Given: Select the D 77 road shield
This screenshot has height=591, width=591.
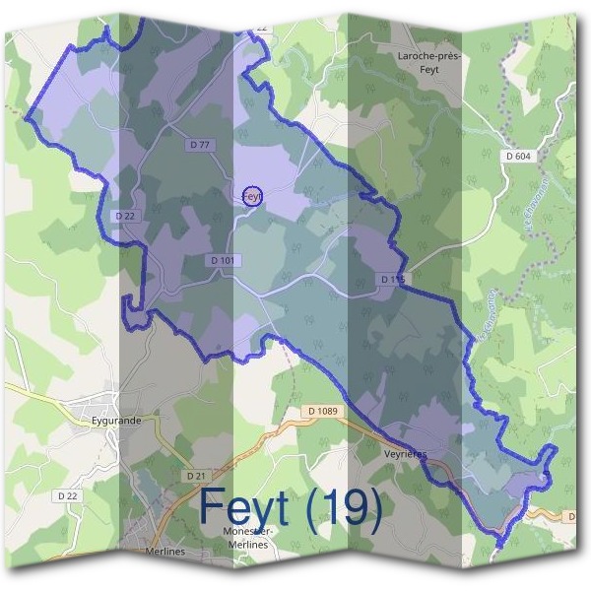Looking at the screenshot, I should pyautogui.click(x=200, y=145).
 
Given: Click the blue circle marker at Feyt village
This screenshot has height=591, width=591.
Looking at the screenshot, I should pyautogui.click(x=252, y=196).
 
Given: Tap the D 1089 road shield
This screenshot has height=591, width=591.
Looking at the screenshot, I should pyautogui.click(x=322, y=411).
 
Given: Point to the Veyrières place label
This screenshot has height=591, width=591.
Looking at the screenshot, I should pyautogui.click(x=403, y=456).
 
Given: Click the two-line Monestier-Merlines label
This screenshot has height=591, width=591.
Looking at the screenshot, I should pyautogui.click(x=251, y=537).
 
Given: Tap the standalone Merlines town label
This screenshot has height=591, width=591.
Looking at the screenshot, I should pyautogui.click(x=164, y=552).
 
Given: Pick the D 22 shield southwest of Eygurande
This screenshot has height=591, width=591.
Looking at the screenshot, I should pyautogui.click(x=67, y=495).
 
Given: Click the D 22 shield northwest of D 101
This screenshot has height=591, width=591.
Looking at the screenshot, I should pyautogui.click(x=124, y=216).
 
